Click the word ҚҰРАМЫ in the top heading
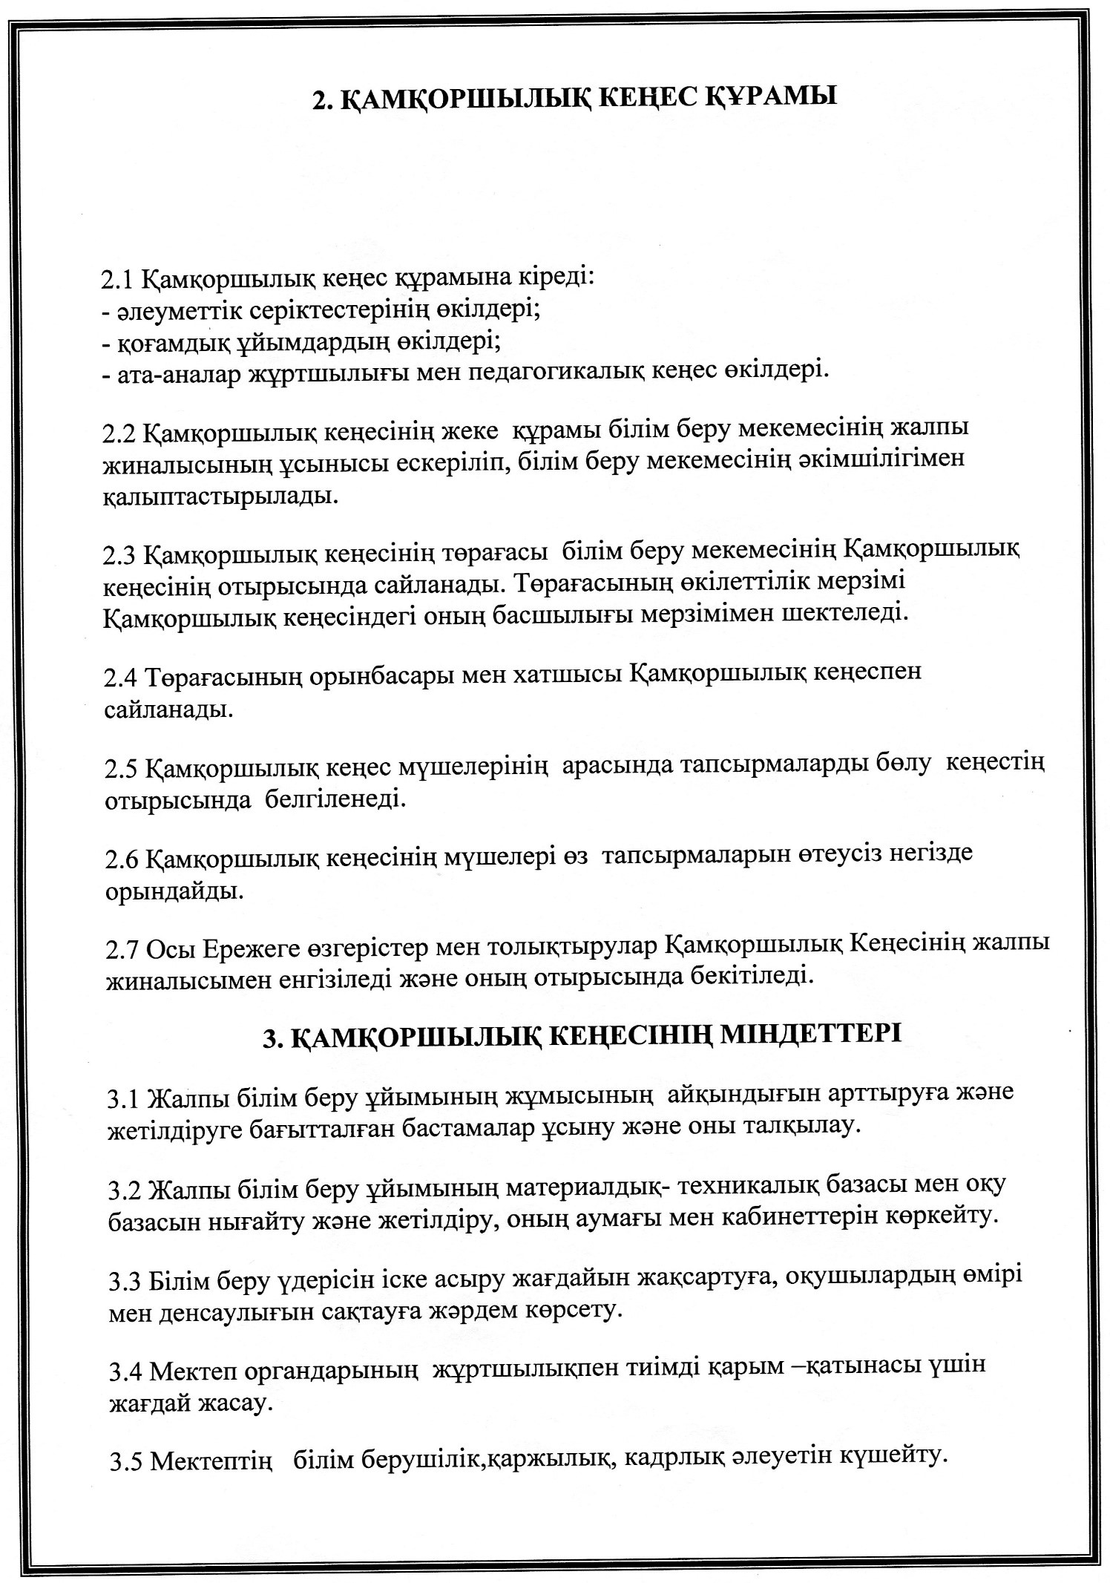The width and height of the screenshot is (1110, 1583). coord(769,98)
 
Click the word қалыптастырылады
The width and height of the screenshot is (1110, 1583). coord(220,495)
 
